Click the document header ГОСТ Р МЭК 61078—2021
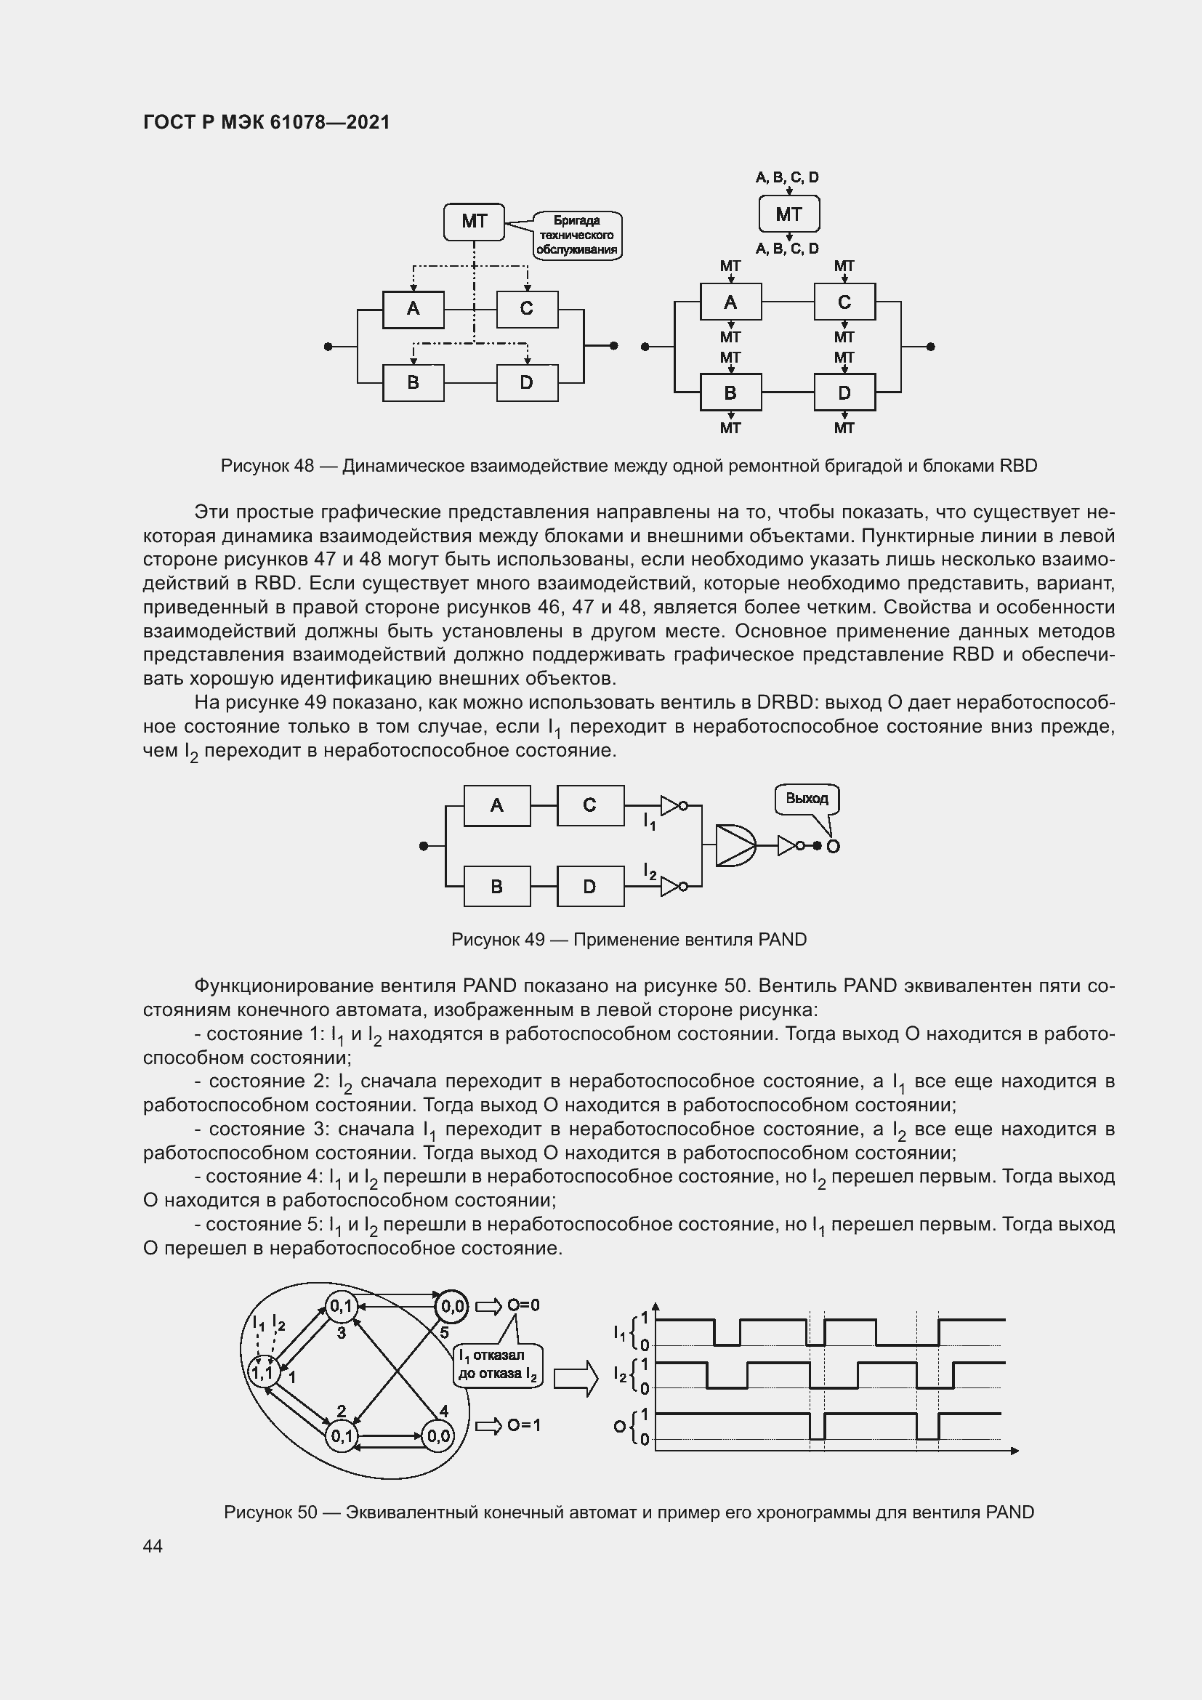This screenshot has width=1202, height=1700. click(266, 122)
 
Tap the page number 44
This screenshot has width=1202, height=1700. click(153, 1546)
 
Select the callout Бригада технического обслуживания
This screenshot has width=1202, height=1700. click(577, 235)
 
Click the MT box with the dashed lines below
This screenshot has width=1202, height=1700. click(474, 222)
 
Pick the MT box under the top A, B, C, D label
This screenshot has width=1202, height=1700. click(789, 214)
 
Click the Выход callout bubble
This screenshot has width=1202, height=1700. click(807, 799)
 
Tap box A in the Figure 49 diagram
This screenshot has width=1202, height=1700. click(496, 805)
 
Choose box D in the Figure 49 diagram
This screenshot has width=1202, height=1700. click(590, 886)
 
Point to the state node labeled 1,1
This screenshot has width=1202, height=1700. click(262, 1374)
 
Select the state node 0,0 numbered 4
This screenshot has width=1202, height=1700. click(437, 1436)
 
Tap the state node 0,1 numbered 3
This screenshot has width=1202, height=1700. click(342, 1307)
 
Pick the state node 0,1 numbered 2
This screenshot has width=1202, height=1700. click(342, 1436)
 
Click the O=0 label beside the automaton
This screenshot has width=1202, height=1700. click(524, 1305)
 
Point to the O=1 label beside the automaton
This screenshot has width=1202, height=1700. click(524, 1425)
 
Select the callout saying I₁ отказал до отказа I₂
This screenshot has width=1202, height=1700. click(498, 1365)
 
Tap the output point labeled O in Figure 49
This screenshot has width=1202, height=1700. click(833, 846)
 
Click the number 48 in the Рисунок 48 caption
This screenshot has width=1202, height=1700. click(304, 466)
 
